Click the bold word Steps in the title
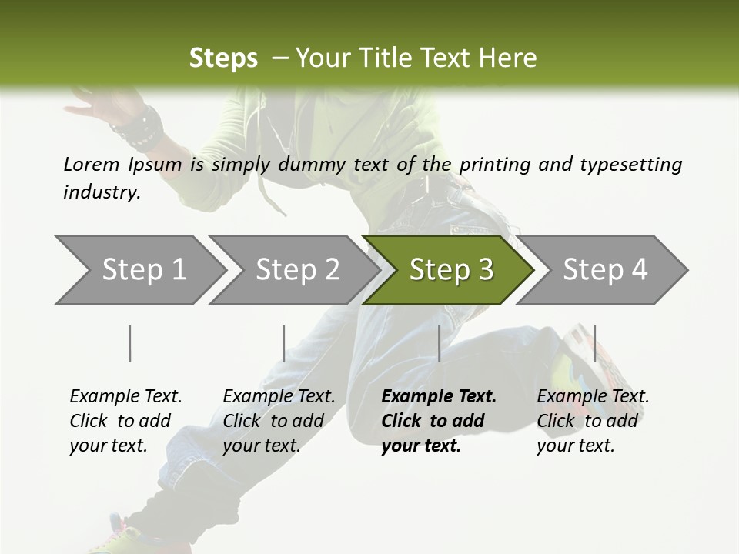[223, 58]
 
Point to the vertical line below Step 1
[130, 343]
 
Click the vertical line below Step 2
[284, 343]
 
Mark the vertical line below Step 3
[439, 343]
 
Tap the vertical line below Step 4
[594, 343]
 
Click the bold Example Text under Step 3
[439, 397]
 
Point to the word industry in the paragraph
[102, 192]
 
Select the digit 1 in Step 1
[178, 270]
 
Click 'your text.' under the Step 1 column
[108, 446]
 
